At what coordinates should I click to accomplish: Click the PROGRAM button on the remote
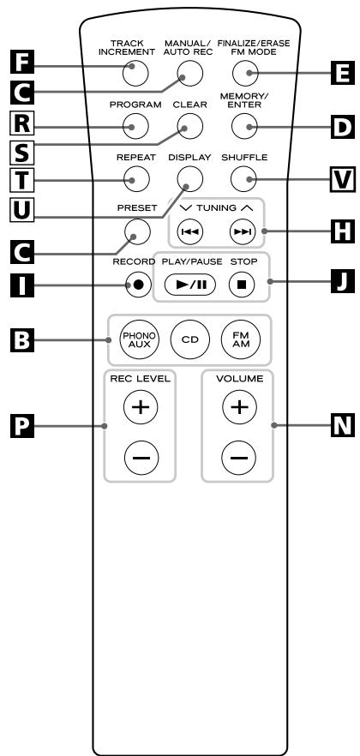135,126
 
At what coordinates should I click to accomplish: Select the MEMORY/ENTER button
244,126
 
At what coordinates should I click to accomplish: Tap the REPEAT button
136,179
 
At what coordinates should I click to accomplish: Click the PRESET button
137,232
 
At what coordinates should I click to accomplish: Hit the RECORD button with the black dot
138,285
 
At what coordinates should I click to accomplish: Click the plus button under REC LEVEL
141,407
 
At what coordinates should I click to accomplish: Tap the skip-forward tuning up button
243,232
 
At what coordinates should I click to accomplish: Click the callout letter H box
343,231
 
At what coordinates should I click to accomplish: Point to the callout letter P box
22,426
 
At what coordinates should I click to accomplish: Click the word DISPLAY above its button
190,157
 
